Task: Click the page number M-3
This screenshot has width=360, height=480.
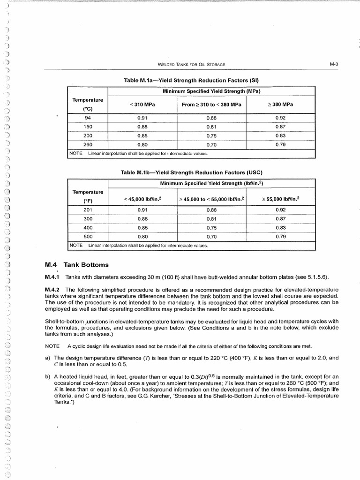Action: click(x=334, y=65)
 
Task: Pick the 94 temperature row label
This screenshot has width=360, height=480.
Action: click(x=88, y=118)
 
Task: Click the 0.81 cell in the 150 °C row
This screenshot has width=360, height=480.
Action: click(x=212, y=127)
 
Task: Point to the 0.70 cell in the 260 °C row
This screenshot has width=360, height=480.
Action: click(x=212, y=145)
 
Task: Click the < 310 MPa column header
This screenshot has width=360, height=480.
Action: click(x=142, y=104)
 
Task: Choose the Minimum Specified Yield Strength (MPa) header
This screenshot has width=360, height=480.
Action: click(x=211, y=91)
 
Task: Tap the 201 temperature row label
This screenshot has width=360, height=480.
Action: click(x=88, y=210)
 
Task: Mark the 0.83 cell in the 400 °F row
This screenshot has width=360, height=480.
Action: click(x=281, y=228)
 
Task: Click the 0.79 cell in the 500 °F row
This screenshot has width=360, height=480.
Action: click(x=281, y=237)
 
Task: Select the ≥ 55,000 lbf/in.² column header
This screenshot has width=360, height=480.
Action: click(x=281, y=199)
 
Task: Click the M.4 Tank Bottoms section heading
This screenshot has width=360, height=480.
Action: click(x=76, y=265)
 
